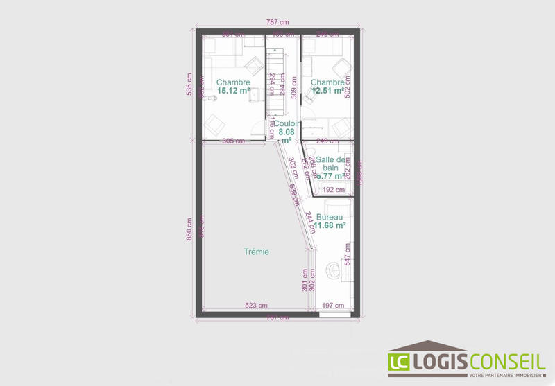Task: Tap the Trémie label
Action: point(255,252)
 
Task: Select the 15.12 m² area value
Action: point(233,91)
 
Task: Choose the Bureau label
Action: point(330,217)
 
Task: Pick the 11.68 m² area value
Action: point(330,226)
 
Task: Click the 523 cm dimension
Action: point(256,305)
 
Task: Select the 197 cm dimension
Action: point(334,305)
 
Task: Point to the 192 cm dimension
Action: point(334,189)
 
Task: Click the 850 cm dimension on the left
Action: point(190,229)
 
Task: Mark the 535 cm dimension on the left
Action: point(190,85)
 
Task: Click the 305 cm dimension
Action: point(233,141)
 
